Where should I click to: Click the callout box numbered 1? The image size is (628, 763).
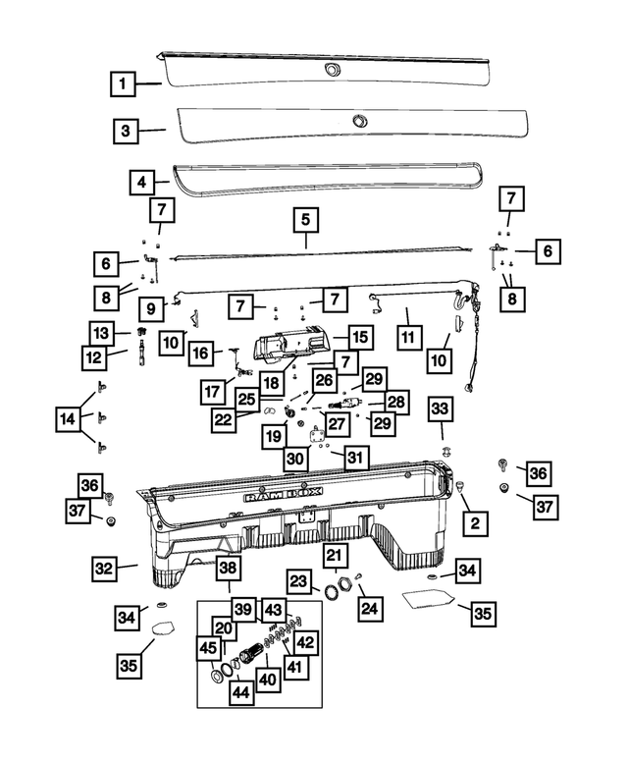(123, 83)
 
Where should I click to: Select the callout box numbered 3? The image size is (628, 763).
(126, 131)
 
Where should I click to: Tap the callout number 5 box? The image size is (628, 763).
(306, 219)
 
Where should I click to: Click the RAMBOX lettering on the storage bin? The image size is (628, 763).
(283, 496)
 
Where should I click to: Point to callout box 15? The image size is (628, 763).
(360, 337)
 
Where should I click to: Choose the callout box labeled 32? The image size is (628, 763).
(104, 569)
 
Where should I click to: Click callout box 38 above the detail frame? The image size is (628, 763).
(228, 568)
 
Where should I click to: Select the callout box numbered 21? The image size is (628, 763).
(335, 555)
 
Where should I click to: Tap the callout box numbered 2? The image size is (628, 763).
(475, 523)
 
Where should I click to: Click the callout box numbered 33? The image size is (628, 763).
(440, 409)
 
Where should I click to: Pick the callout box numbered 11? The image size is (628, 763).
(408, 337)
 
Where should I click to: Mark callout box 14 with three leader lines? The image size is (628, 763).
(68, 418)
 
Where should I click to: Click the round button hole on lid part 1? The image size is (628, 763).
(333, 70)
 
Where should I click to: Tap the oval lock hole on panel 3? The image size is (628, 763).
(360, 120)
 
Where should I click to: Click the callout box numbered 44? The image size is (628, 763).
(241, 691)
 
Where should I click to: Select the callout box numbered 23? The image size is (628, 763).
(299, 580)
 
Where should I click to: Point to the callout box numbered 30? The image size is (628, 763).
(295, 459)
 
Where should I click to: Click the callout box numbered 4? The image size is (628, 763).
(142, 183)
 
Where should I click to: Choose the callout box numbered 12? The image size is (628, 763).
(94, 357)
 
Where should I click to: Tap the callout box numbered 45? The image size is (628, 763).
(209, 648)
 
